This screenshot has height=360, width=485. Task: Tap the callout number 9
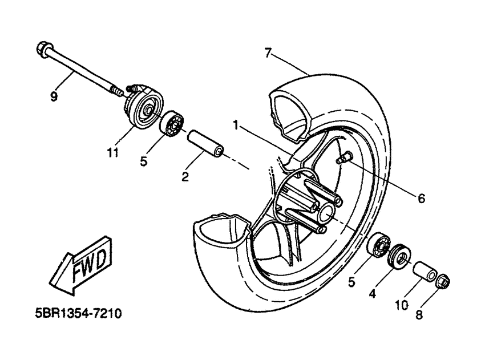pyautogui.click(x=54, y=97)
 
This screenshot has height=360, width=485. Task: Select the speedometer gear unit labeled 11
pyautogui.click(x=144, y=107)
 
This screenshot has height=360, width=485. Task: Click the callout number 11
pyautogui.click(x=112, y=152)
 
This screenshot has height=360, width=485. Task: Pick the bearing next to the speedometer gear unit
pyautogui.click(x=172, y=123)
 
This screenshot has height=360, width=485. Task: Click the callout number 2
pyautogui.click(x=185, y=177)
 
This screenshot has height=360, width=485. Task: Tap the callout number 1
pyautogui.click(x=236, y=126)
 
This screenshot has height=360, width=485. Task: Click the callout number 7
pyautogui.click(x=268, y=53)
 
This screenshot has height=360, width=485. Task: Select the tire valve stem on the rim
pyautogui.click(x=344, y=157)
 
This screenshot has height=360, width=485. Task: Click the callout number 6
pyautogui.click(x=421, y=198)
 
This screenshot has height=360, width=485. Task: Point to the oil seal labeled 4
pyautogui.click(x=399, y=256)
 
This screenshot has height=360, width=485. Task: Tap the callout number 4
pyautogui.click(x=373, y=293)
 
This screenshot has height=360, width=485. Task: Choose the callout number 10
pyautogui.click(x=402, y=306)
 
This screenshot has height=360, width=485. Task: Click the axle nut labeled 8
pyautogui.click(x=443, y=281)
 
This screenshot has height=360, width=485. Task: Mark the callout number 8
pyautogui.click(x=419, y=315)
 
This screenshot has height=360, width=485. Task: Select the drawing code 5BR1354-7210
pyautogui.click(x=79, y=314)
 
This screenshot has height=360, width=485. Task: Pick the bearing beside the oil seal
pyautogui.click(x=378, y=245)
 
